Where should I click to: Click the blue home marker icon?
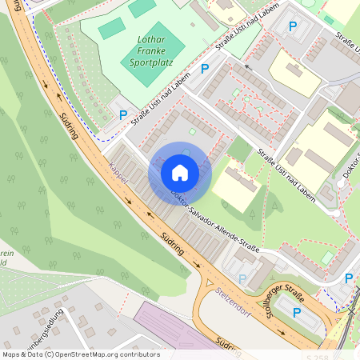[180, 172]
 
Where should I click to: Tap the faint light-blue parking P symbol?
[242, 278]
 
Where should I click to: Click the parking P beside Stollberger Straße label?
[298, 312]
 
